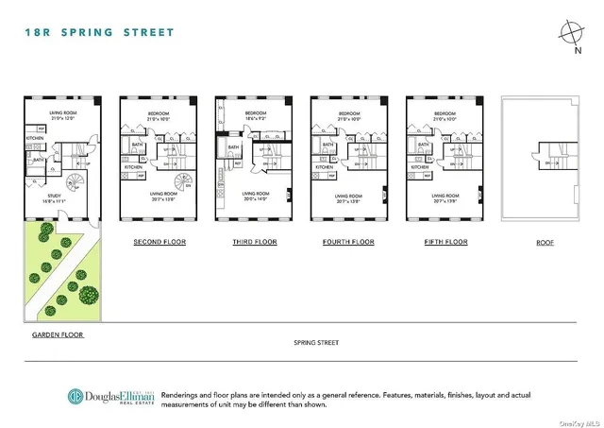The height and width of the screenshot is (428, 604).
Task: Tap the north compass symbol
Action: click(570, 33)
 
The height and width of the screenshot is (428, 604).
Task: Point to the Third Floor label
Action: click(256, 243)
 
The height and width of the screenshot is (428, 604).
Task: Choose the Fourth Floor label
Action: click(348, 243)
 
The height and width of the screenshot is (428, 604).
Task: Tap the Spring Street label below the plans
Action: click(315, 343)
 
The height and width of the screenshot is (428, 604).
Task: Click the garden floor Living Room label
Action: click(61, 113)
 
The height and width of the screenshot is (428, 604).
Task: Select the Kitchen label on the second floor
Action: click(134, 168)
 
